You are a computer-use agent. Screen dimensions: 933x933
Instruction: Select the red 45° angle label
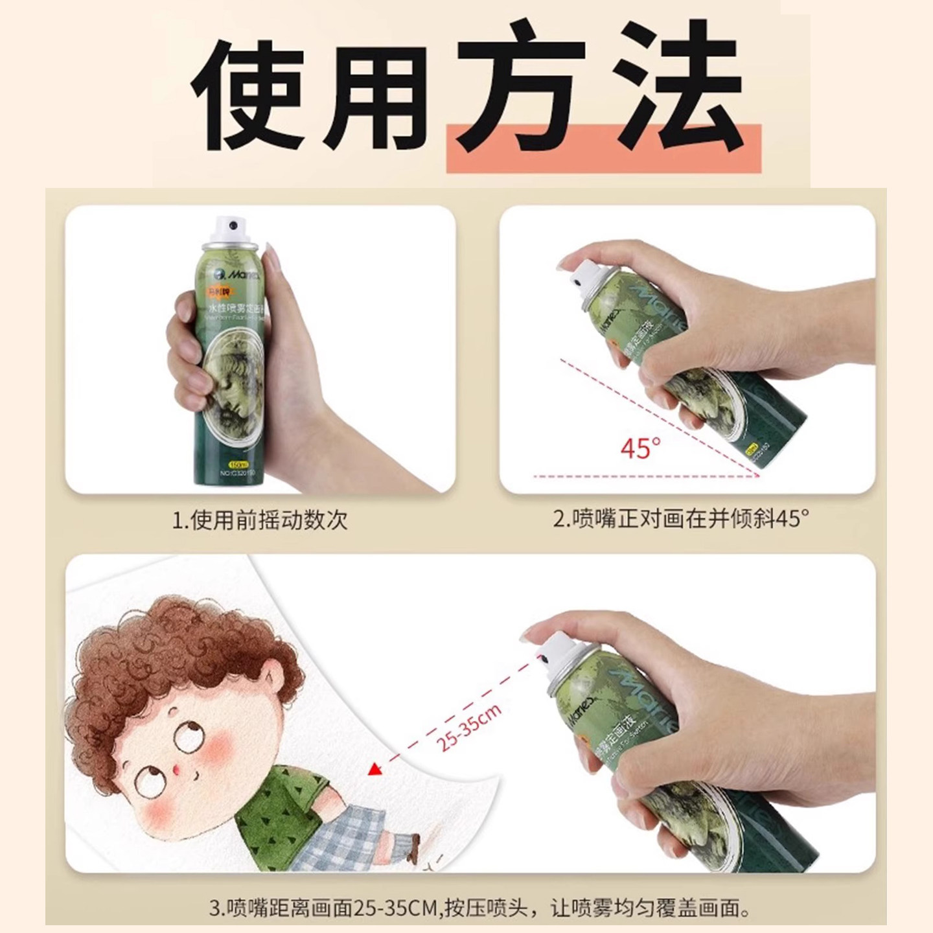(640, 448)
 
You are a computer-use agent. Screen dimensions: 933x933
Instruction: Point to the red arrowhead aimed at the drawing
(374, 770)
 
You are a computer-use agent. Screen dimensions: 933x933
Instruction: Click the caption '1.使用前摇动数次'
(259, 520)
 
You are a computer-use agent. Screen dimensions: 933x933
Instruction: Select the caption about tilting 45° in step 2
(680, 518)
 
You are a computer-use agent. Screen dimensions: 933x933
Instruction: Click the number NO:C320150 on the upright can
(238, 473)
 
